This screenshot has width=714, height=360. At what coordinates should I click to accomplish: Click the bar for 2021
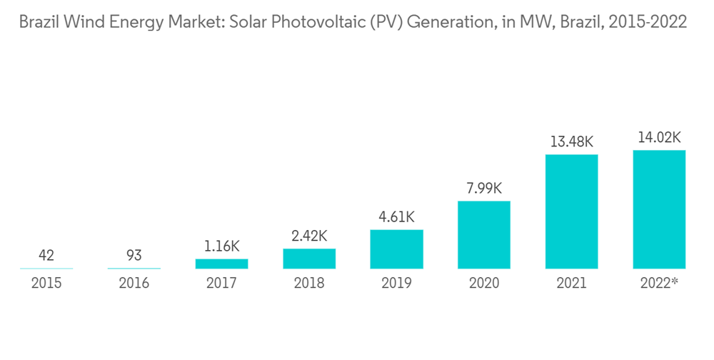click(x=571, y=211)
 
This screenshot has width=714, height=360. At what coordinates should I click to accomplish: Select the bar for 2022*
click(x=659, y=209)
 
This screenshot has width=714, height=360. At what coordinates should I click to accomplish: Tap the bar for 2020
click(x=484, y=235)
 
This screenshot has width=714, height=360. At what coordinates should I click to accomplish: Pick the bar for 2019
click(x=396, y=249)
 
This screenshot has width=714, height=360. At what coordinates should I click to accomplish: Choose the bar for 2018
click(x=309, y=259)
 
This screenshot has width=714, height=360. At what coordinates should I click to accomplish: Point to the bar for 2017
click(x=221, y=264)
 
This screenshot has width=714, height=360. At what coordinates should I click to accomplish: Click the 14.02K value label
click(x=659, y=137)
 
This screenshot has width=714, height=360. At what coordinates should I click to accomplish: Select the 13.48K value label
click(x=571, y=141)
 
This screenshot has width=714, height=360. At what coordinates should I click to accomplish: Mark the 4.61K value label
click(x=396, y=216)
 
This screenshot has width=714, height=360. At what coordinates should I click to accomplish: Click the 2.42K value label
click(x=309, y=235)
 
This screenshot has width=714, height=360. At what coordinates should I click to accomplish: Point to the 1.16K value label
click(x=221, y=246)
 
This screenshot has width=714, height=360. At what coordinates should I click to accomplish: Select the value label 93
click(x=134, y=255)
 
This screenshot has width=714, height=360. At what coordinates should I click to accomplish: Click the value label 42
click(x=46, y=255)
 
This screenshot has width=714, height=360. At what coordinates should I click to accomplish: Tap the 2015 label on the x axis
click(x=46, y=284)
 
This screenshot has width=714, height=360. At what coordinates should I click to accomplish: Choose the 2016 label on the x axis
click(x=134, y=284)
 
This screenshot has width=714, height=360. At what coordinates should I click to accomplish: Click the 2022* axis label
click(x=659, y=284)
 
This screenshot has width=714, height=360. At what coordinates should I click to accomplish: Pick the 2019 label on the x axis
click(x=396, y=284)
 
